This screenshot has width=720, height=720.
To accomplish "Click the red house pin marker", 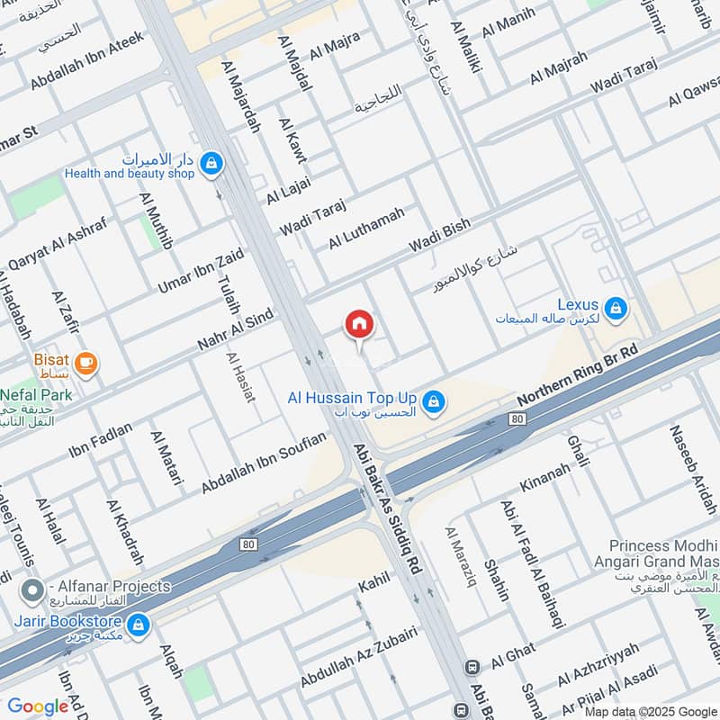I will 359,323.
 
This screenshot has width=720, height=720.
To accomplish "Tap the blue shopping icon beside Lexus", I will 616,309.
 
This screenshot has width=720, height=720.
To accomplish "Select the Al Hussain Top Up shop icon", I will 434,402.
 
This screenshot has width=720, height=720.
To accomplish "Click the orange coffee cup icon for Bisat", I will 86,363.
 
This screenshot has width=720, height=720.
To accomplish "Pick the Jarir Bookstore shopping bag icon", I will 138,623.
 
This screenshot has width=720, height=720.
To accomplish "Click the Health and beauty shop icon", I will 211,163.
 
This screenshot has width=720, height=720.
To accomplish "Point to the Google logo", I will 38,706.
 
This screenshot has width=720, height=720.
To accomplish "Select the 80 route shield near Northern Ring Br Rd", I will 517,418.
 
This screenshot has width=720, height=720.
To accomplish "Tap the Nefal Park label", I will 36,394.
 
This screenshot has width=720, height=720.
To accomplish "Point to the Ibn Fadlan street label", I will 100,440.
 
